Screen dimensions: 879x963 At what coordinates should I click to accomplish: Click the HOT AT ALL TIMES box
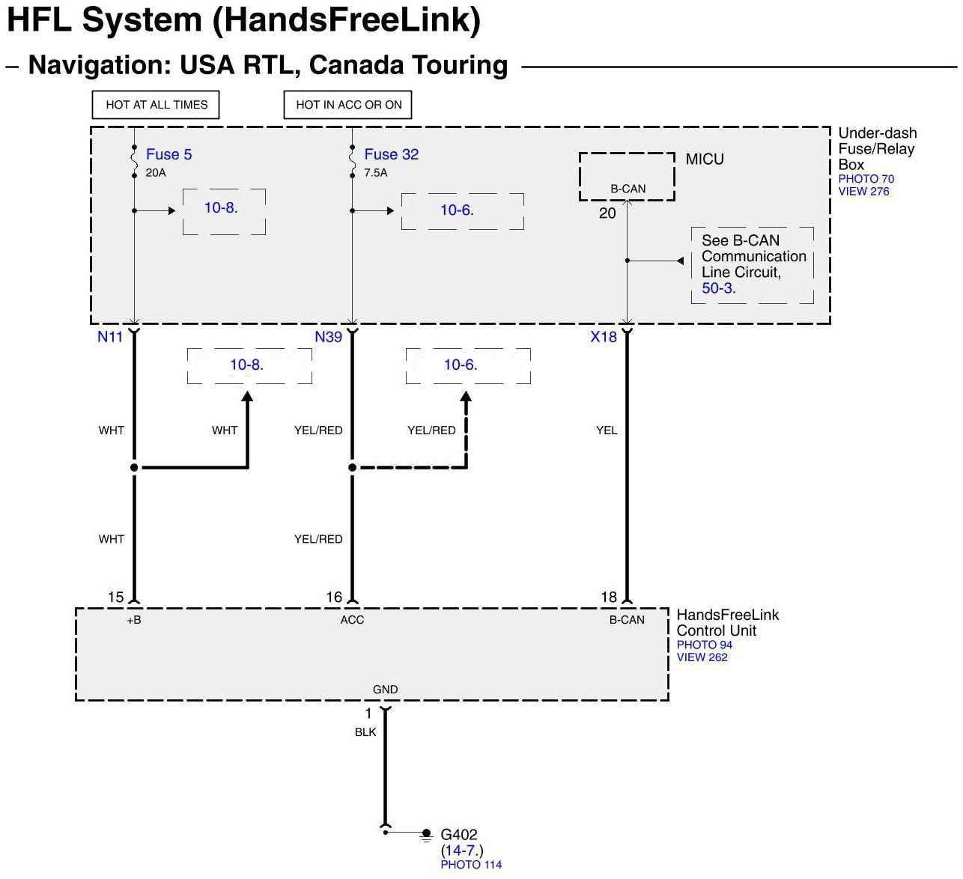(x=156, y=105)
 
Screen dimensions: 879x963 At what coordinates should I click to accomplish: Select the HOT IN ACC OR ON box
(x=348, y=105)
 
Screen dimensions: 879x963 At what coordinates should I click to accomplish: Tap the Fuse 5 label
(x=168, y=154)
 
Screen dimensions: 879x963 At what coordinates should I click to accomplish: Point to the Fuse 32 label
(x=391, y=154)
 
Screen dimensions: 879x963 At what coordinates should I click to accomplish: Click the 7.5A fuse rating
(x=375, y=173)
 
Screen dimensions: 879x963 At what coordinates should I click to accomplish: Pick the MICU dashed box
(x=627, y=177)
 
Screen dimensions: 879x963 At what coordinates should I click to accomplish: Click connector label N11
(x=110, y=337)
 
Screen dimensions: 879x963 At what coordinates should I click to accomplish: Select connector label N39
(x=328, y=337)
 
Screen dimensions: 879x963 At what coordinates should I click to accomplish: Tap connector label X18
(x=604, y=337)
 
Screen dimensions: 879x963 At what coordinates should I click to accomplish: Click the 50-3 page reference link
(x=717, y=288)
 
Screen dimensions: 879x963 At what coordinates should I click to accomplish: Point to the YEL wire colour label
(x=607, y=431)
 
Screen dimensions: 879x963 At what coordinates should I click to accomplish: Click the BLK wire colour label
(x=365, y=732)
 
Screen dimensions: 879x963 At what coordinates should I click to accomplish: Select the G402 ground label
(x=458, y=834)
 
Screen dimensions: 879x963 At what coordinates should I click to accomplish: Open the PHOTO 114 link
(x=471, y=865)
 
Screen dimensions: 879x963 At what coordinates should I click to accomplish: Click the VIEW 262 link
(x=702, y=657)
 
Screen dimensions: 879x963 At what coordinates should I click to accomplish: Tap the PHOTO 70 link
(x=866, y=179)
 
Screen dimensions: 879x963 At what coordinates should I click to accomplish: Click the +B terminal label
(x=134, y=620)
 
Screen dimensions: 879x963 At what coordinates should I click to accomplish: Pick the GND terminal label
(x=385, y=690)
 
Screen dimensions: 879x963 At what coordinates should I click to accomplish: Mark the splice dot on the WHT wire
(x=134, y=468)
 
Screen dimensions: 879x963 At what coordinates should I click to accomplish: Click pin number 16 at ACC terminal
(x=334, y=597)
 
